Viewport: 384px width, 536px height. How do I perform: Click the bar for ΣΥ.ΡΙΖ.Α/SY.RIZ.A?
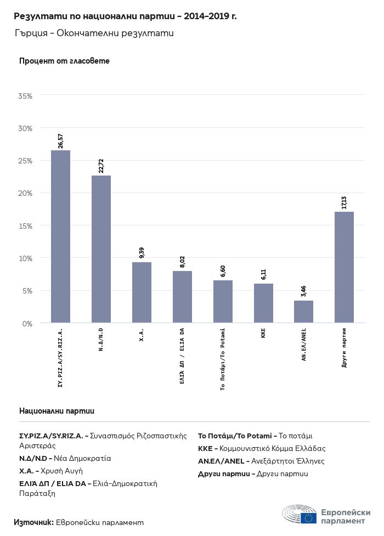[60, 236]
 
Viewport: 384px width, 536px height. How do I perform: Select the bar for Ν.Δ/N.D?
[101, 249]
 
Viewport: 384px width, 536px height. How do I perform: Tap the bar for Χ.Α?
[142, 292]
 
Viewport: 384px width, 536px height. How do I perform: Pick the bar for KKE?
[263, 303]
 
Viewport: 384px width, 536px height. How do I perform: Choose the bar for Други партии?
[344, 267]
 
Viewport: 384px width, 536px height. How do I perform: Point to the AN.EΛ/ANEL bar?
[303, 312]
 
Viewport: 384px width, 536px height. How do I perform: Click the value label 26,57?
[61, 141]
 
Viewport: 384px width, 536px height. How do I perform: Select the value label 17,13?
[345, 202]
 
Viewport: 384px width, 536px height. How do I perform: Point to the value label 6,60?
[223, 272]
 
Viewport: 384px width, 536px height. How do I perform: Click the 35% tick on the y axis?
[26, 96]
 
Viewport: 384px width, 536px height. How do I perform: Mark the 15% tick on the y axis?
[26, 226]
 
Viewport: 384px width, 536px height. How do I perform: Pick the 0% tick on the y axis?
[27, 324]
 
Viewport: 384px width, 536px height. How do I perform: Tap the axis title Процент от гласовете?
[64, 61]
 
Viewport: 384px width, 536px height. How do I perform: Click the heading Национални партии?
[57, 410]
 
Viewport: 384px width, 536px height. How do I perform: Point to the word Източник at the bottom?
[33, 522]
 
